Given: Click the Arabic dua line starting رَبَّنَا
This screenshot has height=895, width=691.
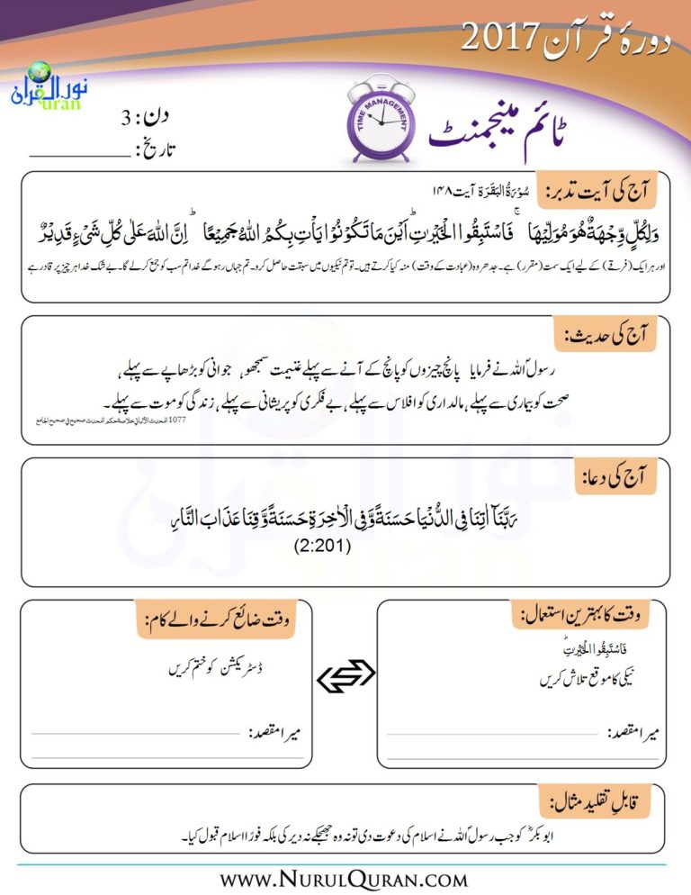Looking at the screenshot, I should point(345,520).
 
